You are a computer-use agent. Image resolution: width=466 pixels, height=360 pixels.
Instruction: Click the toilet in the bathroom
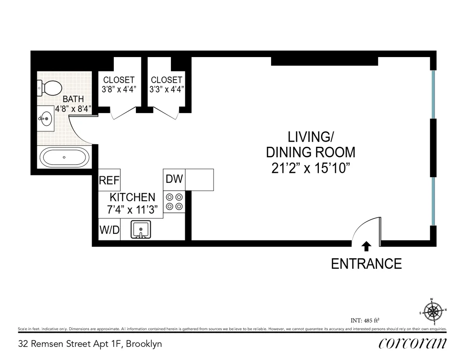pyautogui.click(x=49, y=88)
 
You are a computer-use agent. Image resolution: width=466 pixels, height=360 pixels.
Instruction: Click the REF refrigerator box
pyautogui.click(x=109, y=180)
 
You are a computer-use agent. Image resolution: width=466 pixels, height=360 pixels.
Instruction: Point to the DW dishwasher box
pyautogui.click(x=174, y=179)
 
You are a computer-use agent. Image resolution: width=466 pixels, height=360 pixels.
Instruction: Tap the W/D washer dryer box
pyautogui.click(x=110, y=230)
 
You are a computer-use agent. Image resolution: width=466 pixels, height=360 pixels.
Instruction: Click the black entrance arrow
pyautogui.click(x=366, y=245)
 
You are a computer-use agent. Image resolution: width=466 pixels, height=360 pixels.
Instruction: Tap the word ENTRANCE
pyautogui.click(x=366, y=264)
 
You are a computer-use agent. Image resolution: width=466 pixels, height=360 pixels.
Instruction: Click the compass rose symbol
pyautogui.click(x=433, y=311)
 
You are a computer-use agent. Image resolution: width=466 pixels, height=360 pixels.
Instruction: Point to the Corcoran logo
pyautogui.click(x=412, y=343)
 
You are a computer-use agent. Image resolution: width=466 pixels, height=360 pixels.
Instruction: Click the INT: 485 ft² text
pyautogui.click(x=364, y=320)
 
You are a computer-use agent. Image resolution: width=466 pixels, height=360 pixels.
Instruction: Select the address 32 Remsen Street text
pyautogui.click(x=90, y=344)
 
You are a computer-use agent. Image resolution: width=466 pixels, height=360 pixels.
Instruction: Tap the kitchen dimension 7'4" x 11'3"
pyautogui.click(x=132, y=210)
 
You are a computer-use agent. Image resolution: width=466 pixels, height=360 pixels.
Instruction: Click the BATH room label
pyautogui.click(x=73, y=99)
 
